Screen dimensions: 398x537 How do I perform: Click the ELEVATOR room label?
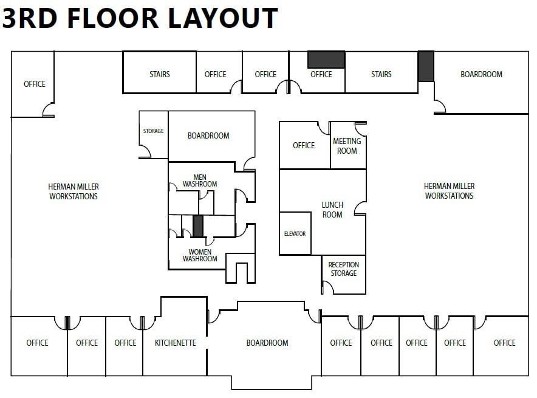pos(295,233)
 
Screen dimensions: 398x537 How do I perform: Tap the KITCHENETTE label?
pos(175,343)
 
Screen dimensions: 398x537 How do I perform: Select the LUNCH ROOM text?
pos(332,210)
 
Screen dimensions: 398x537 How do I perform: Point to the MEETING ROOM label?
pos(347,146)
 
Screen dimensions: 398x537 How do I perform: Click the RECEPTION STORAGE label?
pos(344,269)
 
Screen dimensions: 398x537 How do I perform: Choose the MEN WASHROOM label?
pos(200,180)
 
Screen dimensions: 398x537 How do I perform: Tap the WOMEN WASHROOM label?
pos(200,255)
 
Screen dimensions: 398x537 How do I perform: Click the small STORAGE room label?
pos(153,131)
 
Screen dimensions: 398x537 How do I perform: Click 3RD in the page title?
pos(30,18)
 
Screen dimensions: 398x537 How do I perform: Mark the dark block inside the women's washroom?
pos(198,227)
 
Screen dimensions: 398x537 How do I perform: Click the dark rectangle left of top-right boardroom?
pos(426,66)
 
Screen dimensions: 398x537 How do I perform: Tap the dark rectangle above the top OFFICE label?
pos(326,60)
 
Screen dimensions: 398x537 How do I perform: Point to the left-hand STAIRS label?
pos(159,74)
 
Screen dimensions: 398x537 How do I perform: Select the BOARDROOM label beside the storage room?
pos(208,136)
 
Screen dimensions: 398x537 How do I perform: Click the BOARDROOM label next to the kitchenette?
pos(267,343)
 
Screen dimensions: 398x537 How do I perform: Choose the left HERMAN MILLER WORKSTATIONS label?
pos(74,191)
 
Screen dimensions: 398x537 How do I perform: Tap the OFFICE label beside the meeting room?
pos(304,145)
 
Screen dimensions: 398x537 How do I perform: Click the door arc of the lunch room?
pos(360,208)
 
